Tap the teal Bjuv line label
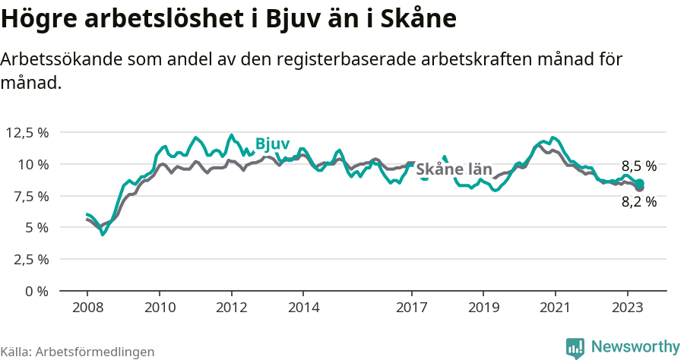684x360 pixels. click(271, 144)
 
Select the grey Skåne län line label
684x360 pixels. click(454, 169)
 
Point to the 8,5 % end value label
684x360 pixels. click(638, 166)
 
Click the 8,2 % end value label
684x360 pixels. click(638, 202)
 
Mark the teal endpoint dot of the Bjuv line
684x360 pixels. click(640, 183)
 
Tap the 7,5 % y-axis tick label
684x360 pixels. click(30, 196)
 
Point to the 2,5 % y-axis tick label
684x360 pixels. click(30, 259)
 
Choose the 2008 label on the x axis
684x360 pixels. click(87, 308)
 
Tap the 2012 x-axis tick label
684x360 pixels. click(231, 308)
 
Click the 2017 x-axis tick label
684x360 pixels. click(411, 308)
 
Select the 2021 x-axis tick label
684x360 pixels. click(555, 308)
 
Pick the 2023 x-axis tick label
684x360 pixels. click(627, 308)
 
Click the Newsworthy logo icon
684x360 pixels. click(575, 347)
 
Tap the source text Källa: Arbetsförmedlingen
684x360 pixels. click(78, 352)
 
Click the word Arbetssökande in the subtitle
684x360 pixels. click(62, 60)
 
